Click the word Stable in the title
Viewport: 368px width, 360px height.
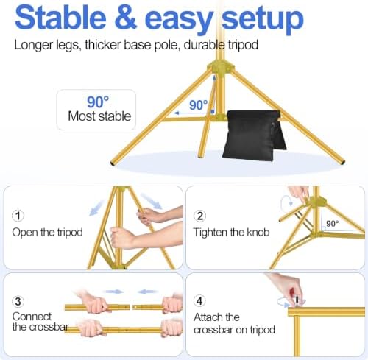coord(60,18)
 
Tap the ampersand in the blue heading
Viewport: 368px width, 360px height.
coord(125,18)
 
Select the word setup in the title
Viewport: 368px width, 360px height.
coord(263,20)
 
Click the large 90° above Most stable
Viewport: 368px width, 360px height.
coord(98,102)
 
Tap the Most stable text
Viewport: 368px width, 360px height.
coord(99,116)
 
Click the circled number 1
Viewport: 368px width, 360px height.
coord(18,216)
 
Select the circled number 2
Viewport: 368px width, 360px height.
coord(200,216)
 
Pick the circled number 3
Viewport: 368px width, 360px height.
coord(18,301)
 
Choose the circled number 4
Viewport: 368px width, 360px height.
coord(199,301)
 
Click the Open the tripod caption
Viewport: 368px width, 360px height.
coord(47,233)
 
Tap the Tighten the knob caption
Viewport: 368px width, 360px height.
coord(231,232)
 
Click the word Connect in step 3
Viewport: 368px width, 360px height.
coord(32,317)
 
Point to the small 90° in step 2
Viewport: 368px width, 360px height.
coord(333,224)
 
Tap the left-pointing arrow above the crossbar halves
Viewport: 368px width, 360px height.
coord(147,292)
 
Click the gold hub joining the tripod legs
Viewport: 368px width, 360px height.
coord(220,67)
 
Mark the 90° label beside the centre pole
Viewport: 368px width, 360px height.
coord(198,105)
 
